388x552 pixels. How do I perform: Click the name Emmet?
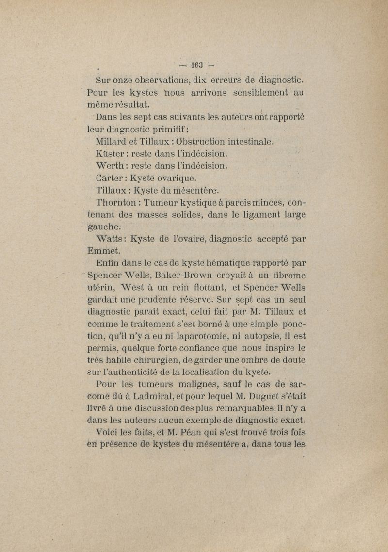point(103,251)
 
